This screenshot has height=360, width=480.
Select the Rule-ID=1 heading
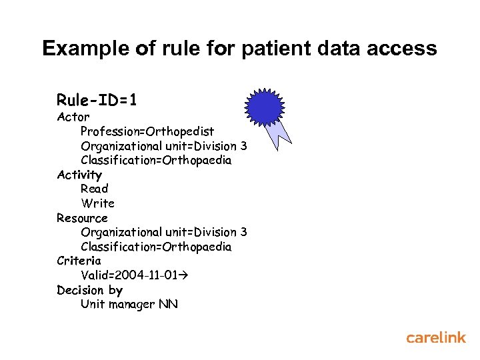[97, 101]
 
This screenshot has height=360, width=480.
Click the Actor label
[73, 117]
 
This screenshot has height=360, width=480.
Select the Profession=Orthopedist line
[147, 131]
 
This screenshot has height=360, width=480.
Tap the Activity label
[79, 175]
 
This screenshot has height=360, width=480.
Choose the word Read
[94, 189]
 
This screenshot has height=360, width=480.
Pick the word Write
[97, 203]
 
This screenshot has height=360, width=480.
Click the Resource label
[82, 218]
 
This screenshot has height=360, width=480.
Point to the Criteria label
[79, 261]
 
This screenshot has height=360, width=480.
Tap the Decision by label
[89, 290]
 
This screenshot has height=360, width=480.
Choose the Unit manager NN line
[129, 305]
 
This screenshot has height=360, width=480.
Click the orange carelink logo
[436, 338]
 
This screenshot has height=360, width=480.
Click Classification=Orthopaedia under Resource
[156, 247]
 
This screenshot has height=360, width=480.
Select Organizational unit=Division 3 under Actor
[163, 146]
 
